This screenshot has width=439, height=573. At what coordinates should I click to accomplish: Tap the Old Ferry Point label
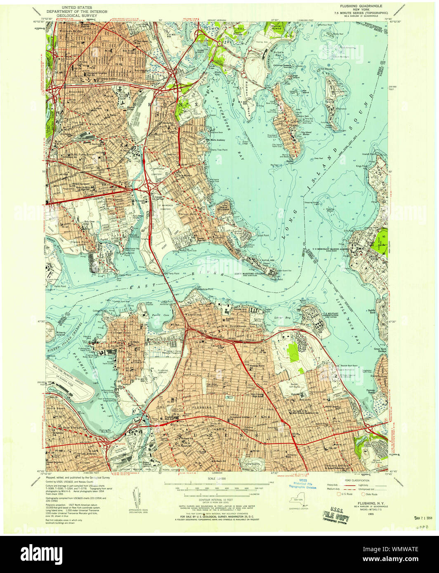[172, 273]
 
